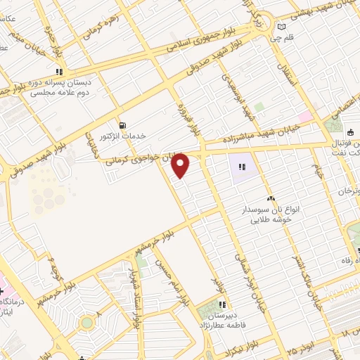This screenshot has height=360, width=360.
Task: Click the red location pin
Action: [x=181, y=165]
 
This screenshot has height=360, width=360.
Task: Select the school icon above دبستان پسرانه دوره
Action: [x=60, y=71]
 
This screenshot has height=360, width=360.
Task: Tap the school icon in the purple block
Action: [x=243, y=167]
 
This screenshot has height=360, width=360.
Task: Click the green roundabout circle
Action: [x=86, y=322]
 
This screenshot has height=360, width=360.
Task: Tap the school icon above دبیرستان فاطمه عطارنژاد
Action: [x=222, y=304]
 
